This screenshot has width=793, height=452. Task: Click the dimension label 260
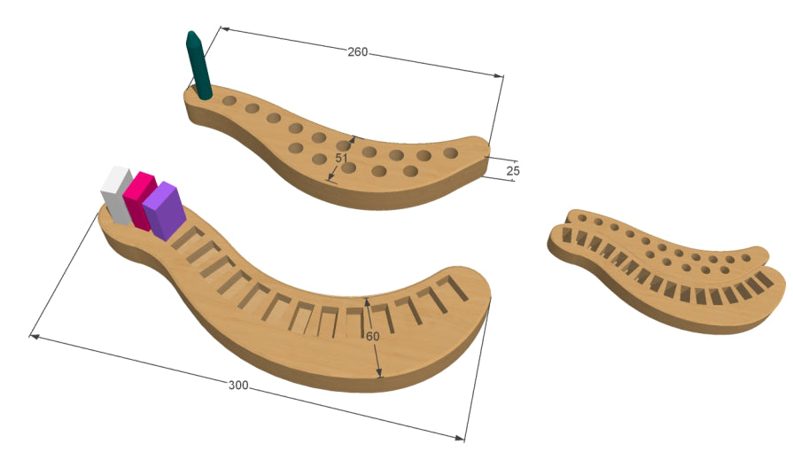358,51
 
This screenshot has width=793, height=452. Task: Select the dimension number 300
238,386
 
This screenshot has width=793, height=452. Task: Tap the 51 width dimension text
342,158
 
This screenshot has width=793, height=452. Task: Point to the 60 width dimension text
373,336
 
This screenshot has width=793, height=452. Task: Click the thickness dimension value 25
513,171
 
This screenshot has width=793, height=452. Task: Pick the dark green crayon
198,65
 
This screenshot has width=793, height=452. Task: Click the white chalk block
116,195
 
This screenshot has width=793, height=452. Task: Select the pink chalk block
140,201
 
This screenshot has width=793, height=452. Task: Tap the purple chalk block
165,211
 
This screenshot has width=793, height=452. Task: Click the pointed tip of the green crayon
190,33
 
